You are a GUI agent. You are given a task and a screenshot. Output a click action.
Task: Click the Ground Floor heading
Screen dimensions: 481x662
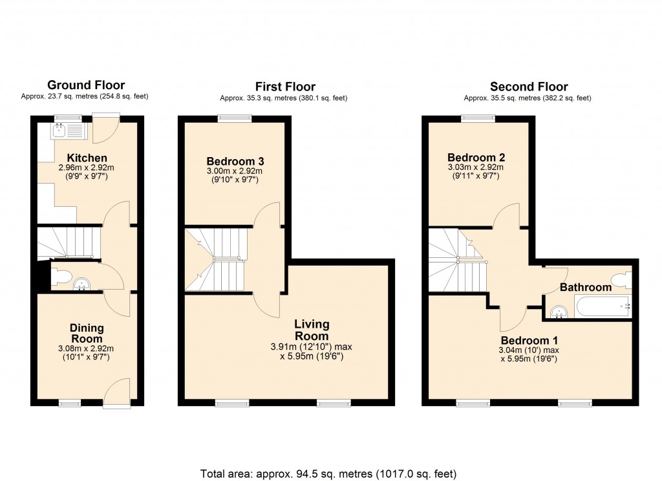coord(86,85)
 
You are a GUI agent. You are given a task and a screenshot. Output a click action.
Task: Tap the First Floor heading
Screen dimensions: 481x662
coord(285,87)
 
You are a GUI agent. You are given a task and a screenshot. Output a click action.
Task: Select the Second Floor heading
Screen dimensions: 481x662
coord(529,87)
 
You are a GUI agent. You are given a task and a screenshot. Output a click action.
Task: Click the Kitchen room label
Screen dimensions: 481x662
coord(87,158)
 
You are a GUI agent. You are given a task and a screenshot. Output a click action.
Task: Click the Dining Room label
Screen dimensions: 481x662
coord(87,334)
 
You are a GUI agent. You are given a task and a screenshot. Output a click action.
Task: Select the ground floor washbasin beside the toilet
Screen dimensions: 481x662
coord(81,284)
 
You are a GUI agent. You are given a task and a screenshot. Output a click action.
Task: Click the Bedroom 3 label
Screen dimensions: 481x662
coord(235,161)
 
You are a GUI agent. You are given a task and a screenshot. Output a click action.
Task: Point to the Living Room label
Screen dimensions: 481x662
coord(312,330)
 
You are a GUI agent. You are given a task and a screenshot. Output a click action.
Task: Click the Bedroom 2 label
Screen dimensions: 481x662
coord(476,157)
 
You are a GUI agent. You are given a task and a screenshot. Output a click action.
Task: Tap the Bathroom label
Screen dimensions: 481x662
coord(585,287)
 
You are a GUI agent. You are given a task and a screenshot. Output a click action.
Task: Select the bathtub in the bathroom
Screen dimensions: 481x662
coord(602,306)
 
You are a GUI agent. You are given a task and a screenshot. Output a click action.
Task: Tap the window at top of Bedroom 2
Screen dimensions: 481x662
coord(478,118)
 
